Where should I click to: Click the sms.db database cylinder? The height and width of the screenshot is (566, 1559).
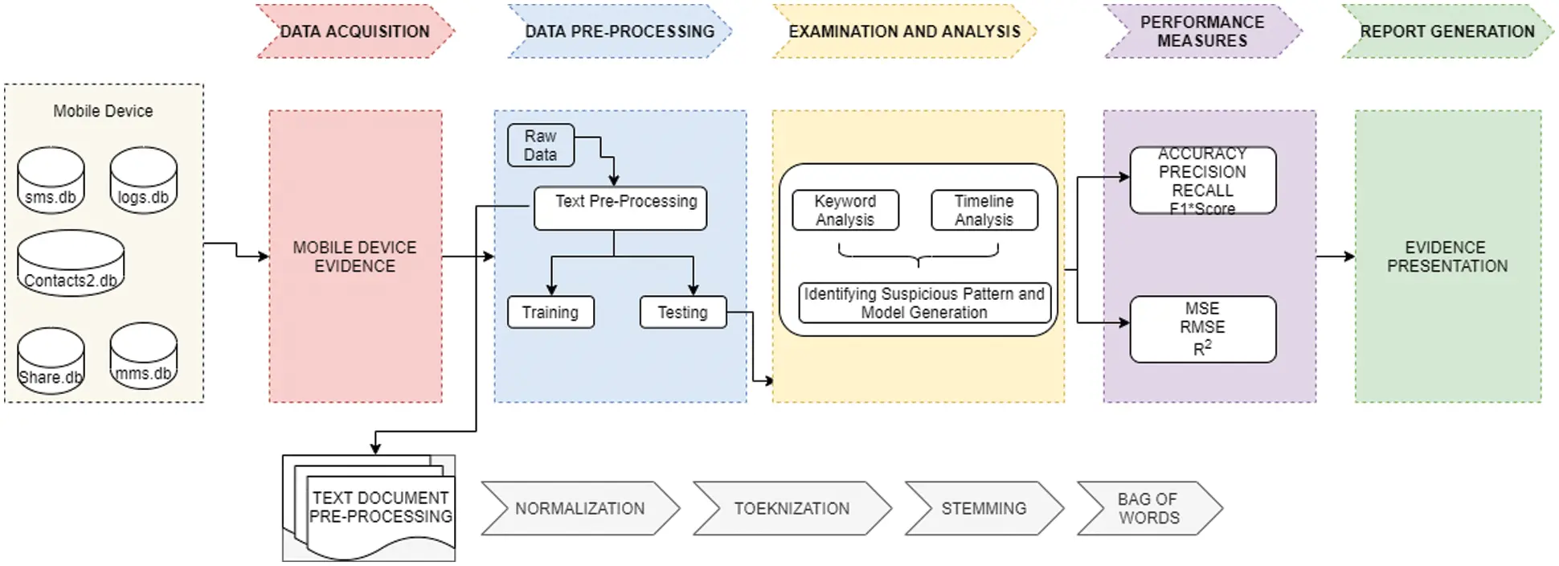pos(51,181)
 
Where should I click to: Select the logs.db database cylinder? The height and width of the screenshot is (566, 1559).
pos(143,181)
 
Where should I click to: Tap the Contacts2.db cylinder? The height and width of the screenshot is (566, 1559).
pos(71,264)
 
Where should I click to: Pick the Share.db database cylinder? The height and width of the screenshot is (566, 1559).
pos(51,361)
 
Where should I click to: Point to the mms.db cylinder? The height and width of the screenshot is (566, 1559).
pos(143,357)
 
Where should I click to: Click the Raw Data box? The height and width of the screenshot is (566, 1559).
pos(541,146)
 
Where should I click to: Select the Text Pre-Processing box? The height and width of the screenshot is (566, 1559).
pos(620,208)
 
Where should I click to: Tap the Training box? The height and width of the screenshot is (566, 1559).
pos(550,312)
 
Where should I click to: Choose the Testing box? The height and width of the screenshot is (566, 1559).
pos(683,312)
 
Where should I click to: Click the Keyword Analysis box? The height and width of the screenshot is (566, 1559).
pos(845,211)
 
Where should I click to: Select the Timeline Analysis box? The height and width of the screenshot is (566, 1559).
pos(984,211)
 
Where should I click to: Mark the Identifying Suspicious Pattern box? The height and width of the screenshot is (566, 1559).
pos(924,303)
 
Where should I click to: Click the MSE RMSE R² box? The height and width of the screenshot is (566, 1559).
pos(1202,329)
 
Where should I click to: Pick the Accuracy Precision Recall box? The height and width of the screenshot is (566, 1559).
pos(1202,181)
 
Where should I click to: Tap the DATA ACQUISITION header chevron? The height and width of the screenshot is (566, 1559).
pos(354,31)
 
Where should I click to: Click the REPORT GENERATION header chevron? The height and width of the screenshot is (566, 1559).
pos(1446,31)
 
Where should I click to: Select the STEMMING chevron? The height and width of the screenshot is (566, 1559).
pos(984,508)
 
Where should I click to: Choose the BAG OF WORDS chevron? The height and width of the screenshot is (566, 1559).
pos(1148,508)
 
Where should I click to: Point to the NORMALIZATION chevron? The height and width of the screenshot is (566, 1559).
pos(579,508)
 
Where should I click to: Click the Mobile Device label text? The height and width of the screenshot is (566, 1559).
pos(103,111)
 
